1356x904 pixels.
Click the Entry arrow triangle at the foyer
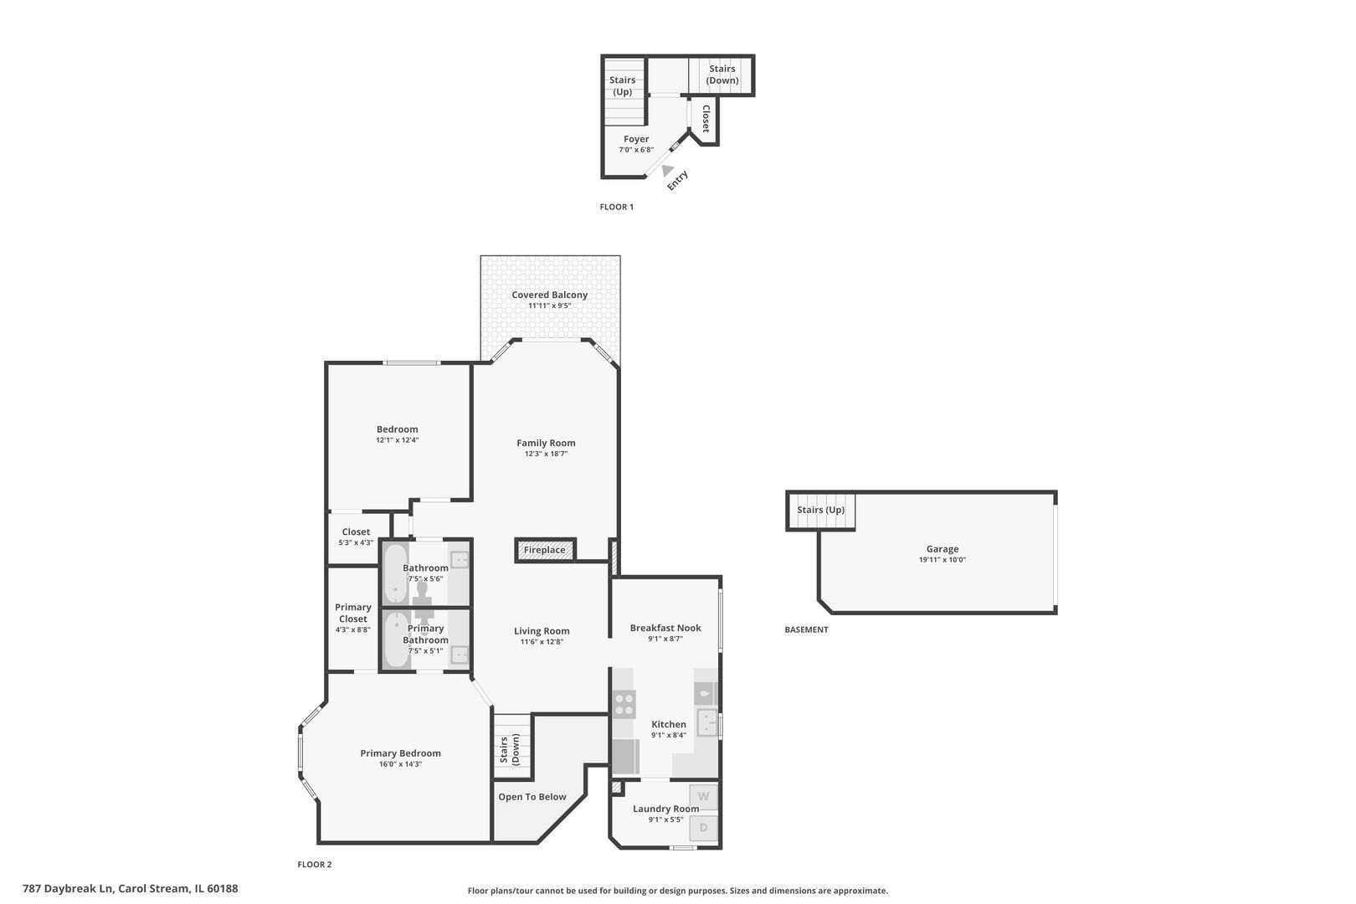tap(667, 171)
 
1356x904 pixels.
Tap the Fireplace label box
tap(545, 550)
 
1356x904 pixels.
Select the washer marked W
tap(703, 796)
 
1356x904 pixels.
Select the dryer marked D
tap(703, 828)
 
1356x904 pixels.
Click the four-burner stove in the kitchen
tap(624, 703)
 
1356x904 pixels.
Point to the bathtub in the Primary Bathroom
tap(395, 640)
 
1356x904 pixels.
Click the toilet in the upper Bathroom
tap(424, 592)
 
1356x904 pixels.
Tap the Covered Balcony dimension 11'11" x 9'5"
tap(549, 306)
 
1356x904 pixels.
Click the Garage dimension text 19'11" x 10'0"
tap(942, 560)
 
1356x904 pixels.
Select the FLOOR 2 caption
tap(315, 865)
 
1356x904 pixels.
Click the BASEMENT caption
tap(806, 629)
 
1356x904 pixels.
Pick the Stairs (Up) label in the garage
tap(820, 510)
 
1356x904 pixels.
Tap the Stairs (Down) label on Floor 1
tap(722, 74)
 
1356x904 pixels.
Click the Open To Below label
tap(532, 797)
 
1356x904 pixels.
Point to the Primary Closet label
tap(352, 613)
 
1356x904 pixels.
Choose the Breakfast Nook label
tap(665, 628)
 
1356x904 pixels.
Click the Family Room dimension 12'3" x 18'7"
tap(546, 454)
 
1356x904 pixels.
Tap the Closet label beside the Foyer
tap(706, 118)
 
